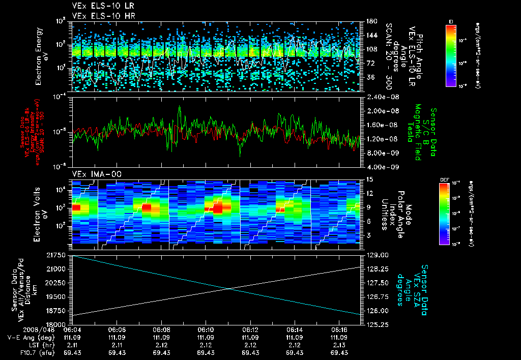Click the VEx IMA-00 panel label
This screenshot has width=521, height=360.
point(92,174)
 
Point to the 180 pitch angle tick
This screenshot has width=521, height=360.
point(371,21)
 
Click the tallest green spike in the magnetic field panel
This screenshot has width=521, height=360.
point(180,107)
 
